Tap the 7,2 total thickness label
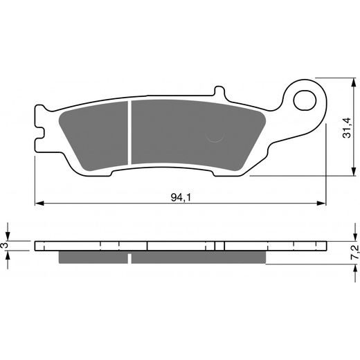(354, 252)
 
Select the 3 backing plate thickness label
(6, 245)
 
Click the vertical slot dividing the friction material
(129, 136)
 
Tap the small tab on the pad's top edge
(218, 92)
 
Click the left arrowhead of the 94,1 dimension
(39, 204)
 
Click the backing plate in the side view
(180, 245)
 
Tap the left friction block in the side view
(93, 257)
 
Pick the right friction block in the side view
(197, 257)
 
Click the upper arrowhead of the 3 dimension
(8, 237)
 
